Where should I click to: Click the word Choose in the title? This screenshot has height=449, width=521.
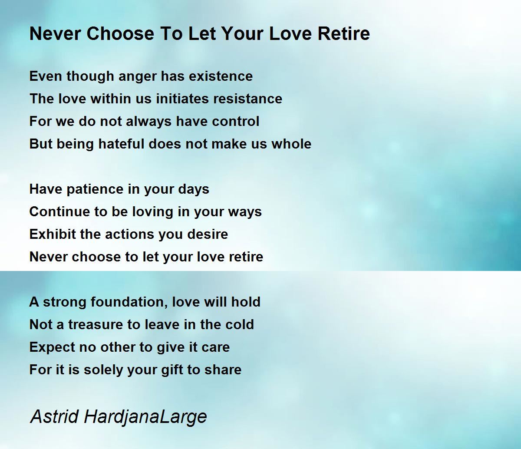[120, 33]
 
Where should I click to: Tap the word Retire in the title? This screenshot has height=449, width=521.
[344, 33]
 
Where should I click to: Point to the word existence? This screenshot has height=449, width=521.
[221, 76]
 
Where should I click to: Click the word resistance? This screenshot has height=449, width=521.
[247, 99]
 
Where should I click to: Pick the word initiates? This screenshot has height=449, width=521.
[182, 99]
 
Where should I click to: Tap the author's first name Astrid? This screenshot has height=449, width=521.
[54, 416]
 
